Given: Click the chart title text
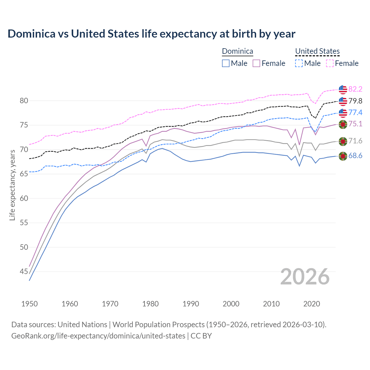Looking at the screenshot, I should point(151,34).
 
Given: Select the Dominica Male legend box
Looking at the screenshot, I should point(226,63).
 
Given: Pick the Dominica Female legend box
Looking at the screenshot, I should point(256,63).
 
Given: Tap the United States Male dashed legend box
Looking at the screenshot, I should point(299,63).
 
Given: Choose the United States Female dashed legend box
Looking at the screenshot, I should point(330,63).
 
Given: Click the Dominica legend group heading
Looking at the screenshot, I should point(237,51).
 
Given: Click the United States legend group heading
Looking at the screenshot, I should point(317,51).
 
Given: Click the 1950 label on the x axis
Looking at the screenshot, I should point(29,304).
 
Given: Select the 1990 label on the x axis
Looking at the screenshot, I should point(191,304).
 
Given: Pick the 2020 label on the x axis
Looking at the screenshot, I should point(312,304).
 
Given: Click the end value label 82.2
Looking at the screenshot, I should point(355,89).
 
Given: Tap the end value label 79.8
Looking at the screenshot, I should point(355,101).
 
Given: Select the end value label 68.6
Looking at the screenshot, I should point(355,156).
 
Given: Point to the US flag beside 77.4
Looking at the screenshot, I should point(343,113).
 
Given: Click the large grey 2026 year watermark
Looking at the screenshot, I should point(305,277).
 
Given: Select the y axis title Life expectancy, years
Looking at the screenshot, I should point(12,185).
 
